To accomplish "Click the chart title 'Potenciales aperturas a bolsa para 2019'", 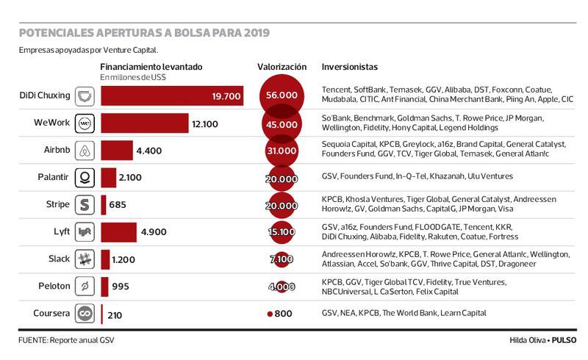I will point(144,32).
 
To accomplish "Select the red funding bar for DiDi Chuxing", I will point(172,96).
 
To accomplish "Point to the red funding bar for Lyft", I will point(118,232).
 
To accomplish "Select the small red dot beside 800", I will point(270,314).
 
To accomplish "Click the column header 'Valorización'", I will point(282,67).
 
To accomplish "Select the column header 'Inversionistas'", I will point(350,67).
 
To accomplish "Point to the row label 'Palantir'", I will point(52,178).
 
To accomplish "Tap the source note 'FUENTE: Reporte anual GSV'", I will point(67,341).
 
